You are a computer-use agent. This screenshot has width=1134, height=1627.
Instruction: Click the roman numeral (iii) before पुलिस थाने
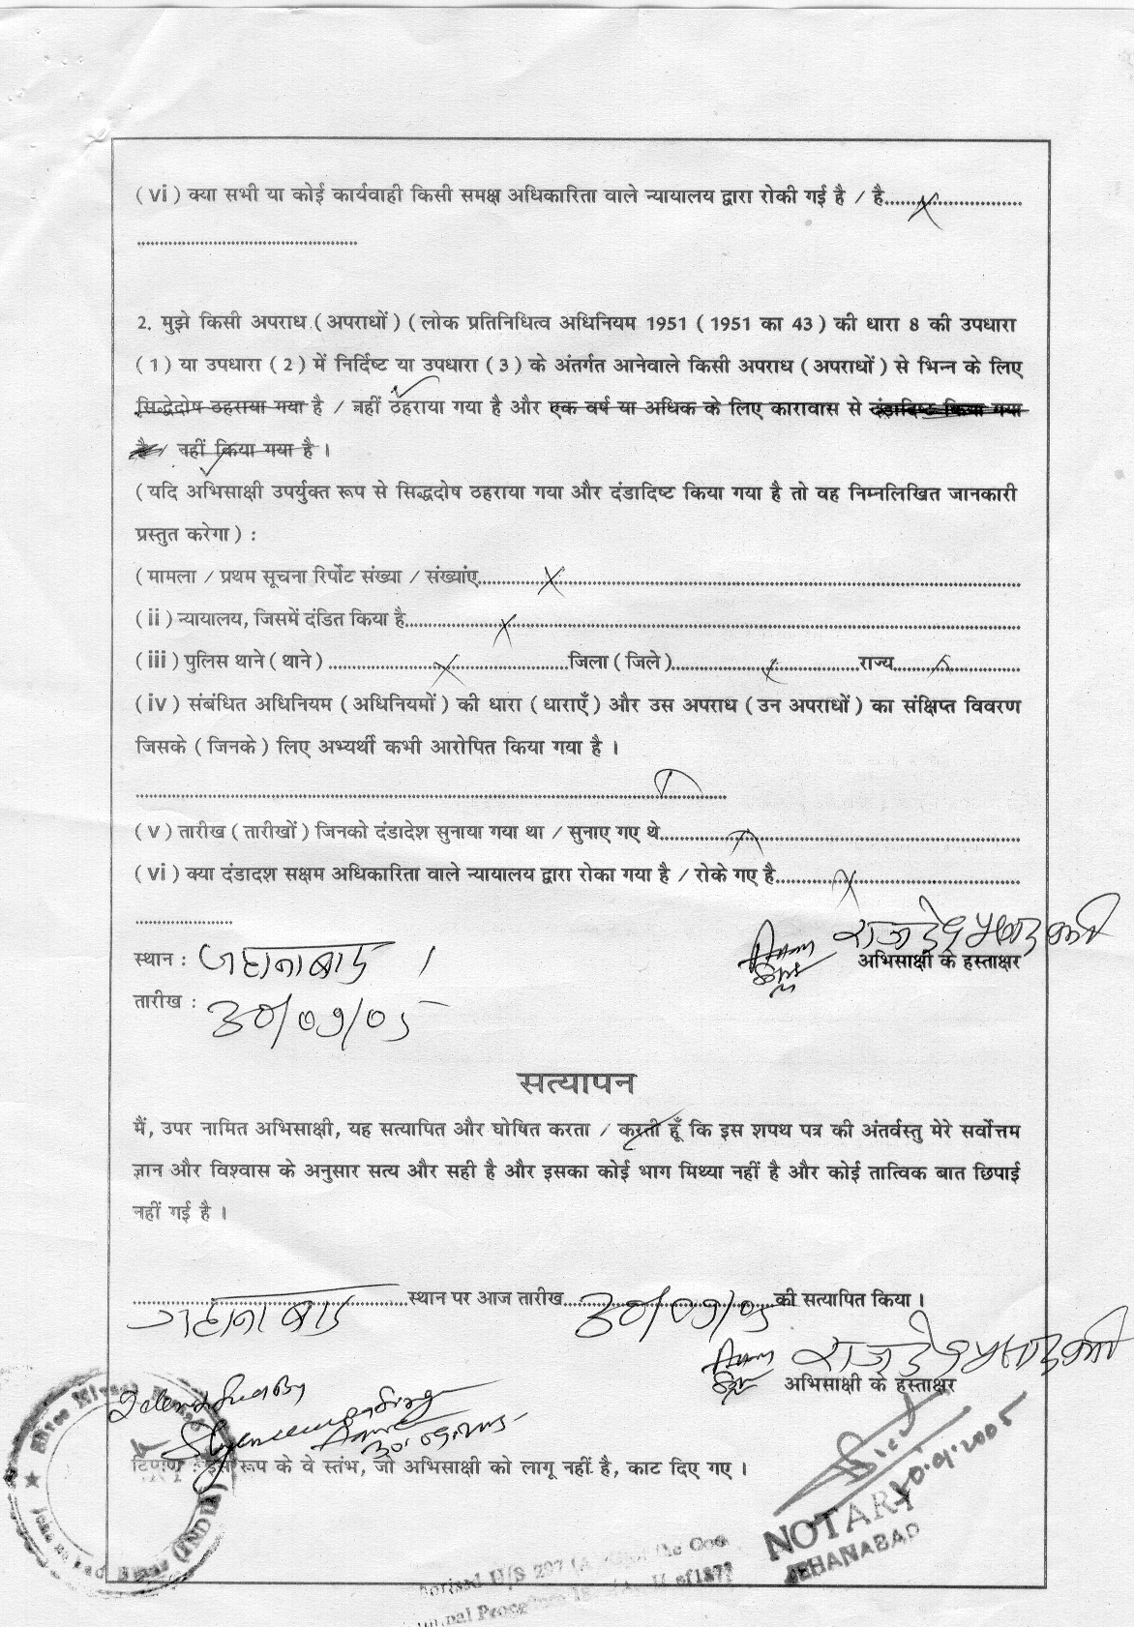[153, 663]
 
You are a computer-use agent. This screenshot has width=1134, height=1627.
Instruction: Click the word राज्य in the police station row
[875, 663]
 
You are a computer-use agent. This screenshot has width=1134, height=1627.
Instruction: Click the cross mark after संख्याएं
[552, 580]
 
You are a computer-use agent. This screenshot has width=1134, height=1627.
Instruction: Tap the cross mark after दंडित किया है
[506, 624]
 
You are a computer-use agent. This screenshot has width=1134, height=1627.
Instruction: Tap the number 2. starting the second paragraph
[143, 324]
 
